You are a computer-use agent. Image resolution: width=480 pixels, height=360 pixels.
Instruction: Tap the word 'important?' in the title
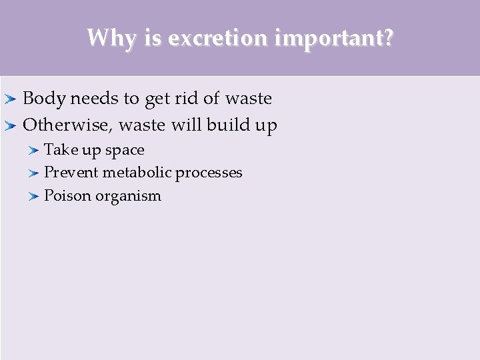point(331,38)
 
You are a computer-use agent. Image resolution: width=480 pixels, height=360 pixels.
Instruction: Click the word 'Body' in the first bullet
point(44,99)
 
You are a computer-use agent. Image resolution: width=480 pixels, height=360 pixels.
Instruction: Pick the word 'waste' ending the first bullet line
point(249,99)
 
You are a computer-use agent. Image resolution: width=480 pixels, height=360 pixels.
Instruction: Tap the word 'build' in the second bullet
point(227,125)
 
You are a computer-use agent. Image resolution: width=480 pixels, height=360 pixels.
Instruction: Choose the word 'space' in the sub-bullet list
point(125,151)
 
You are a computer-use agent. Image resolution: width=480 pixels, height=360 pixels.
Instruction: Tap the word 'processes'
point(209,173)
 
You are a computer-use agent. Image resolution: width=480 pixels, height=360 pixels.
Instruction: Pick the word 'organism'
point(129,197)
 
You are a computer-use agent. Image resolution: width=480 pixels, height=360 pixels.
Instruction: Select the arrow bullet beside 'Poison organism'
point(34,196)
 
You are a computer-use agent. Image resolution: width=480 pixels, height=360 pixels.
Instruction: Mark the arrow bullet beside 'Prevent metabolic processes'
point(34,173)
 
